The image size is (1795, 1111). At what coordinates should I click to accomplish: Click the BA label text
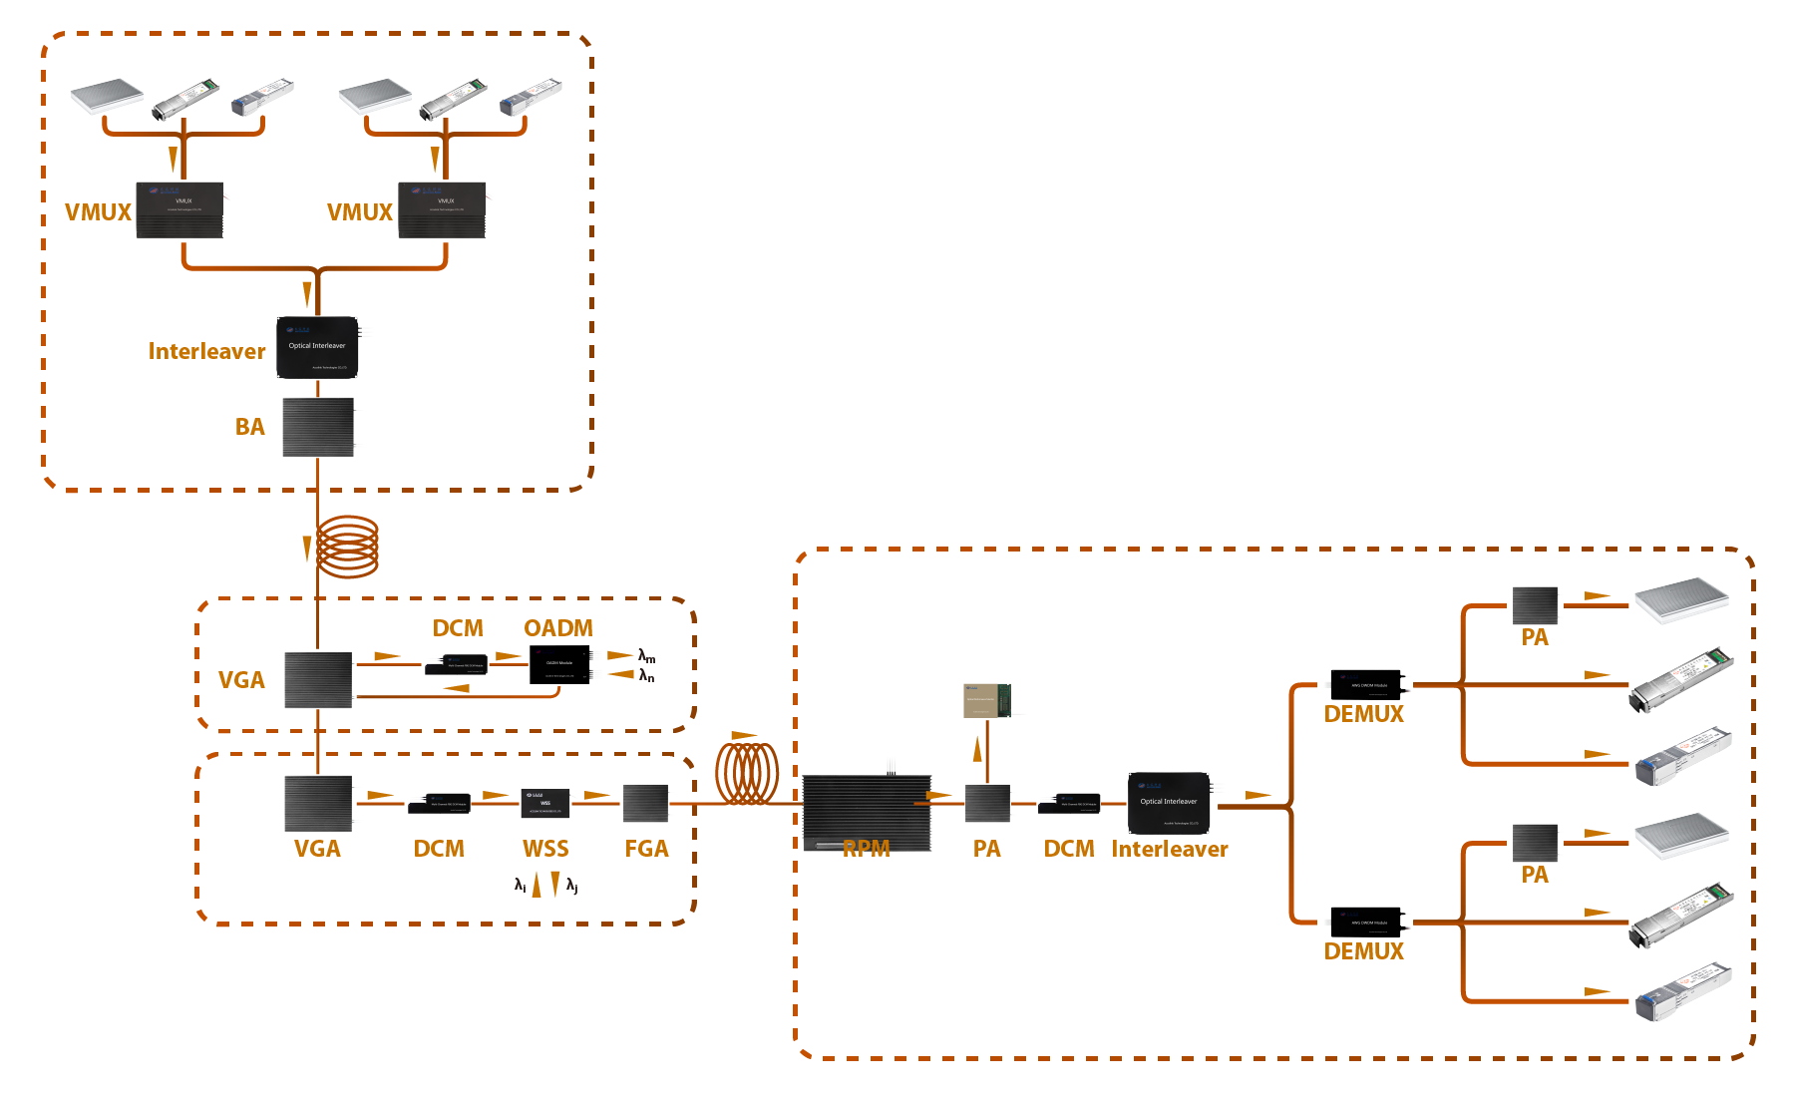click(x=249, y=427)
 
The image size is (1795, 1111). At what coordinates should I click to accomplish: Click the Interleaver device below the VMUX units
click(x=317, y=347)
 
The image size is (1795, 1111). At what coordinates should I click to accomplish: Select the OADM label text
click(x=557, y=628)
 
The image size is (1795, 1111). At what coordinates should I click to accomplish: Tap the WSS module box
click(x=545, y=803)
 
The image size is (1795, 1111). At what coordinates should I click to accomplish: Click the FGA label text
click(x=646, y=849)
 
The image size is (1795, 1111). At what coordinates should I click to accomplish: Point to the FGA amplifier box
click(x=645, y=803)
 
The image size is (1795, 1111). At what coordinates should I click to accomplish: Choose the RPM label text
click(x=866, y=849)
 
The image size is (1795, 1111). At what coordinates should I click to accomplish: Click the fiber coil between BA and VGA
click(x=347, y=547)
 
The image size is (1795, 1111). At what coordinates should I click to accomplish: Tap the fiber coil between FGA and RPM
click(x=747, y=773)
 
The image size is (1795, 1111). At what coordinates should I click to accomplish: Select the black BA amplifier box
click(x=318, y=427)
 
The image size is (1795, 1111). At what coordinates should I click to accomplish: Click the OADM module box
click(x=559, y=665)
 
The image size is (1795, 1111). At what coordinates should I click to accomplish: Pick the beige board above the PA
click(x=987, y=700)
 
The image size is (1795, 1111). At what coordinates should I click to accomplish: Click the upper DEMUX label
click(x=1363, y=714)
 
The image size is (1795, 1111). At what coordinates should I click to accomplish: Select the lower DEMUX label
click(x=1363, y=951)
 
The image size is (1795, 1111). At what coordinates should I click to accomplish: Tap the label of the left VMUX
click(x=98, y=212)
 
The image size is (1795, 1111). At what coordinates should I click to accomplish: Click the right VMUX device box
click(x=442, y=209)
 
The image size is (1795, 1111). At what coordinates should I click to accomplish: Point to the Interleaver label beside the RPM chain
click(x=1170, y=849)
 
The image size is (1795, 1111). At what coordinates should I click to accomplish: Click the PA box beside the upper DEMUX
click(x=1535, y=605)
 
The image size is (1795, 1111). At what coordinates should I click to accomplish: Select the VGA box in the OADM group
click(x=318, y=680)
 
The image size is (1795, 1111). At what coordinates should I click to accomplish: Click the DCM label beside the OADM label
click(x=458, y=628)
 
